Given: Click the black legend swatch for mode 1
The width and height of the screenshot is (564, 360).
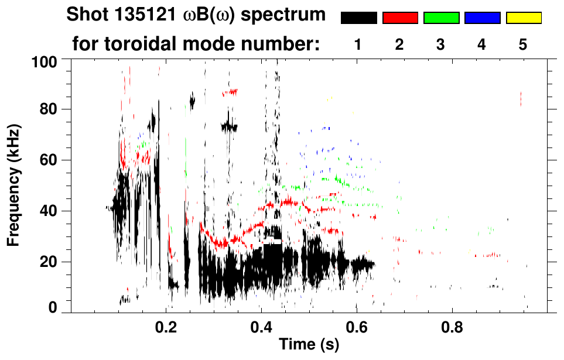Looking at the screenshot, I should (358, 18).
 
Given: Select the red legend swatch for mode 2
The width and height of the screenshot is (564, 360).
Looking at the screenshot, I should (399, 18).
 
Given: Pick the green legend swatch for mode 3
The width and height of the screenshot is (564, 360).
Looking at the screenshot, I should (440, 18).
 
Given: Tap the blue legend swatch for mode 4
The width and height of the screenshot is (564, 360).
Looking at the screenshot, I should (482, 18).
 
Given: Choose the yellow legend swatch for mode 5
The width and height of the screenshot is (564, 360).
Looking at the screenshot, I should (523, 18).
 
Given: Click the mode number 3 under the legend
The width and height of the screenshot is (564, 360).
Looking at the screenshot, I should (440, 44).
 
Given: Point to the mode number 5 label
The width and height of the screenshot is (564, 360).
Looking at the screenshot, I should (523, 44).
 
